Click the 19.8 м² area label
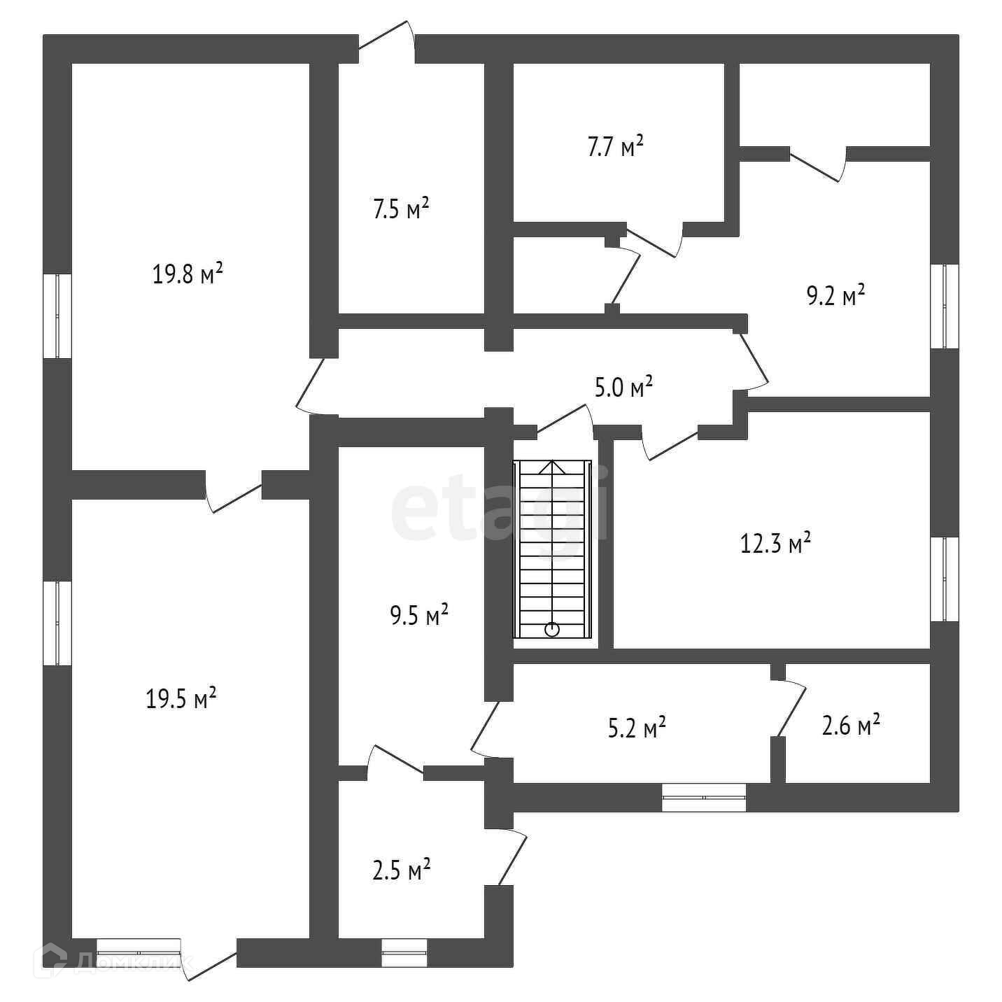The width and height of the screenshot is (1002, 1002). tap(188, 274)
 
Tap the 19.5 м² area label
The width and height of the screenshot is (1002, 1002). tap(181, 698)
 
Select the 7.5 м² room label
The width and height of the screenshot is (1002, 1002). tap(400, 209)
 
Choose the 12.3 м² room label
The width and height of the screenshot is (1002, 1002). tap(775, 543)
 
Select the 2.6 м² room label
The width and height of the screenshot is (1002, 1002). tap(850, 726)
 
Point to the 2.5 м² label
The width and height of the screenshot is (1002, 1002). tap(400, 872)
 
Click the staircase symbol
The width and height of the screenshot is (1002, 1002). tap(552, 549)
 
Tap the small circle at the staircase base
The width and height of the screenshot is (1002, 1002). tap(552, 629)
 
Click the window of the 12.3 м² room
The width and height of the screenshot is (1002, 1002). tap(944, 579)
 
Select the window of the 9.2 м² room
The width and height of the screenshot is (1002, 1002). tap(944, 306)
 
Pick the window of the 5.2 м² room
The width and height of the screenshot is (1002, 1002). tap(704, 797)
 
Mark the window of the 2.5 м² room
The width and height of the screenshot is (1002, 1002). tap(404, 952)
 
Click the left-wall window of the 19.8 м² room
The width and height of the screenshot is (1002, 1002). tap(57, 316)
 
